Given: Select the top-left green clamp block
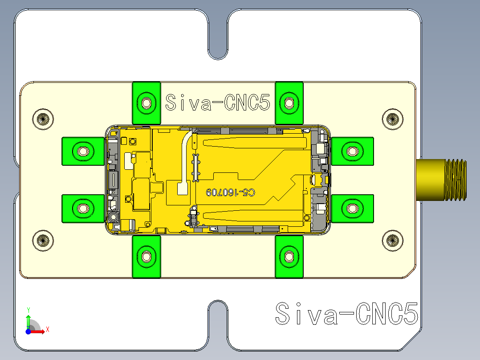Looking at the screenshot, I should coord(146,103).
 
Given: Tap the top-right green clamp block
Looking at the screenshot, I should coord(289,103).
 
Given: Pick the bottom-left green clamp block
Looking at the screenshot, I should coord(146,257).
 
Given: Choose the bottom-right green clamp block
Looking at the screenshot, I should coord(289,257).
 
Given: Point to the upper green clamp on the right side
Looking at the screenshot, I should coord(352,151).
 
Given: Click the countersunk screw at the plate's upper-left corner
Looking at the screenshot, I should coord(43,119).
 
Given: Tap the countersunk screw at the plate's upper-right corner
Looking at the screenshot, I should coord(392,119).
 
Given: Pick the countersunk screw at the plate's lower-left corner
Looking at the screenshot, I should coord(43,240).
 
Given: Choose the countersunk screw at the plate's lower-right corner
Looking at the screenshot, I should coord(392,240).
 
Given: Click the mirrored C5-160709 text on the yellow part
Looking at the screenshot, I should coord(231,192).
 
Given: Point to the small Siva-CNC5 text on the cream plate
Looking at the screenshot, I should coord(217,103).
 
